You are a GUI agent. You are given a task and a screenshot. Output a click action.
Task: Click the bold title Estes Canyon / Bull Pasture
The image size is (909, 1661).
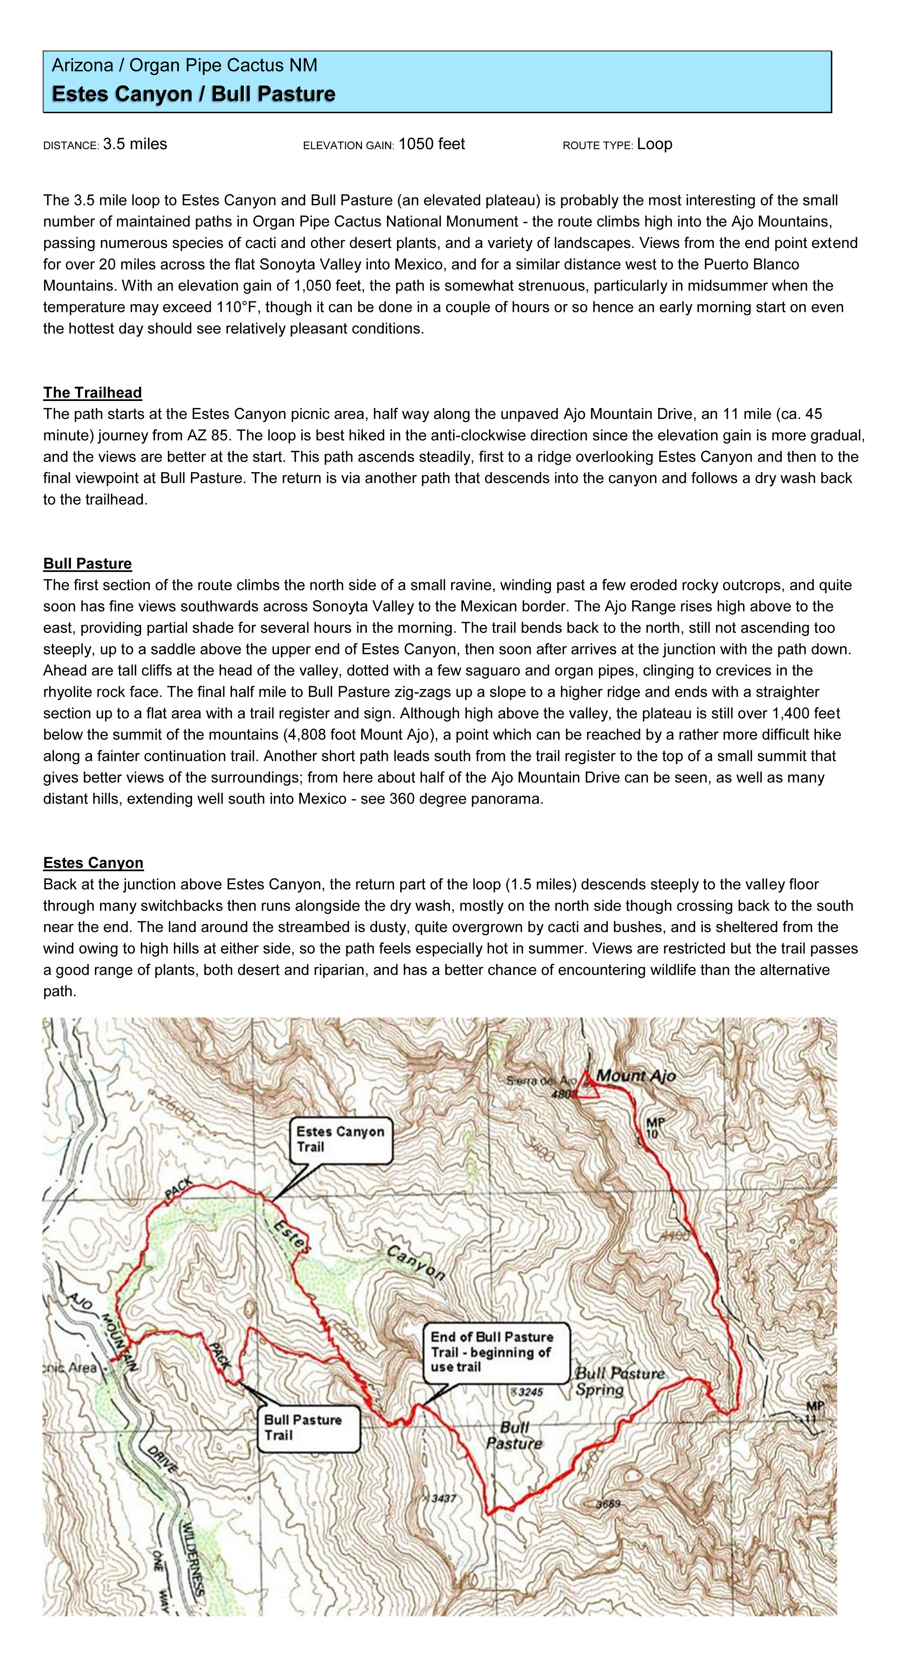pos(194,94)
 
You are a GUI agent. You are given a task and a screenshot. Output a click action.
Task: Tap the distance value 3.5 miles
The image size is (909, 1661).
pos(135,144)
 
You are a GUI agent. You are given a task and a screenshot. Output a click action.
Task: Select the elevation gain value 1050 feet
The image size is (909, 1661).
pos(431,144)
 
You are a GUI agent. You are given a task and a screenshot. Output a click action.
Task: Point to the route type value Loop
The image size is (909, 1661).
pos(654,144)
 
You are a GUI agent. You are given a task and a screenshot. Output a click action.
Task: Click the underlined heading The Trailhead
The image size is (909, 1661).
pos(92,393)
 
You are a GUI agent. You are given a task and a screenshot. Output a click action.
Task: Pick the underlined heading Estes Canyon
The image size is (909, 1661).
pos(93,863)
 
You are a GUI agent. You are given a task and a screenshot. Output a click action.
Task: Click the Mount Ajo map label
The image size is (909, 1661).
pos(636,1076)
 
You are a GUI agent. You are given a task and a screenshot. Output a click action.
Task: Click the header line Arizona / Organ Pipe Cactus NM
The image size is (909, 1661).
pos(184,65)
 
